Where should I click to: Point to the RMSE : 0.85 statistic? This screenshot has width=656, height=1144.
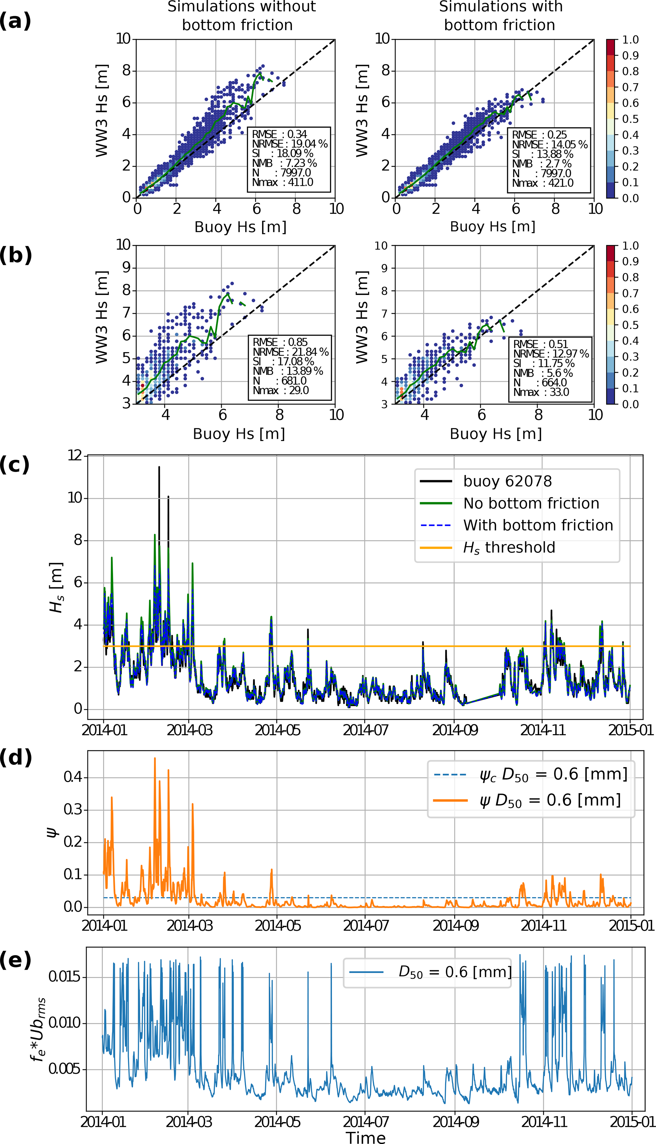point(280,342)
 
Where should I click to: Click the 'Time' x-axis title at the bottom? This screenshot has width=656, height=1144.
point(366,1137)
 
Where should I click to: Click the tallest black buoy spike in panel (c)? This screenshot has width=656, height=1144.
point(159,467)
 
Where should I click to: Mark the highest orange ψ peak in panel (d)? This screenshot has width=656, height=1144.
point(155,758)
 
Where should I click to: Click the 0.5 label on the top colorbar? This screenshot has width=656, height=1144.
point(630,119)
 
